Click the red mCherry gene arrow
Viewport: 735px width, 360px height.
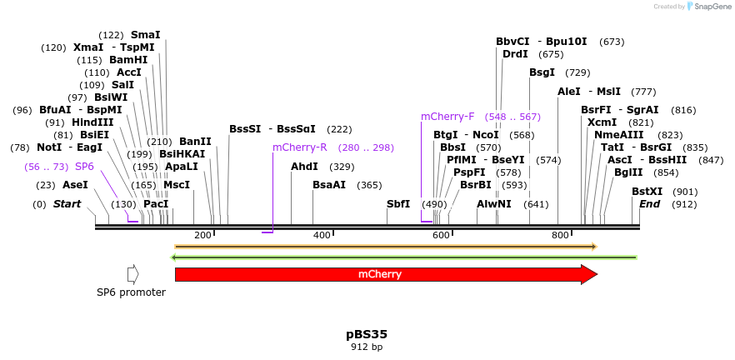click(380, 274)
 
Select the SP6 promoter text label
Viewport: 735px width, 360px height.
click(131, 292)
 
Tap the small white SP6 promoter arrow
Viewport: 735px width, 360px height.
click(132, 274)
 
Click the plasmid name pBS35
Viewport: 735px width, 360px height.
click(367, 334)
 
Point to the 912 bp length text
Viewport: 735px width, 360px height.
click(367, 347)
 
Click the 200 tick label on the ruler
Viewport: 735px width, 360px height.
click(202, 235)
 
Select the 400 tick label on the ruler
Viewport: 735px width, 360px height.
click(322, 235)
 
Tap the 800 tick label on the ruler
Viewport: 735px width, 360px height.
click(560, 235)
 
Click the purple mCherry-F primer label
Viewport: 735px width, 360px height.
click(447, 117)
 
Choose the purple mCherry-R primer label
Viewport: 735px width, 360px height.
click(300, 147)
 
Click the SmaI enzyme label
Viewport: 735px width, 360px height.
click(145, 35)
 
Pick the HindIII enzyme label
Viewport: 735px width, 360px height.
click(92, 122)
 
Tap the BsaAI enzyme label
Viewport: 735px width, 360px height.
click(328, 185)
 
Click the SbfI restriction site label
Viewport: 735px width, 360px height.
click(398, 204)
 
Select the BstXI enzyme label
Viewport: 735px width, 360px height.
click(647, 192)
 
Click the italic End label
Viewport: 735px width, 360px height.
click(650, 204)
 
